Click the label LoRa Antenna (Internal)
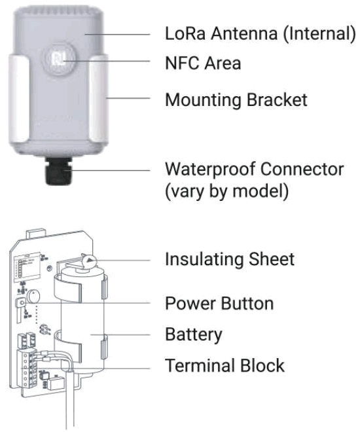pyautogui.click(x=259, y=33)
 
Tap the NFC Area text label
pyautogui.click(x=202, y=63)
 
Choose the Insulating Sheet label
pyautogui.click(x=229, y=259)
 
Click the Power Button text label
pyautogui.click(x=219, y=303)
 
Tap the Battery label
pyautogui.click(x=193, y=334)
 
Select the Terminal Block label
pyautogui.click(x=225, y=365)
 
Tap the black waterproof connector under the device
pyautogui.click(x=58, y=172)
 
